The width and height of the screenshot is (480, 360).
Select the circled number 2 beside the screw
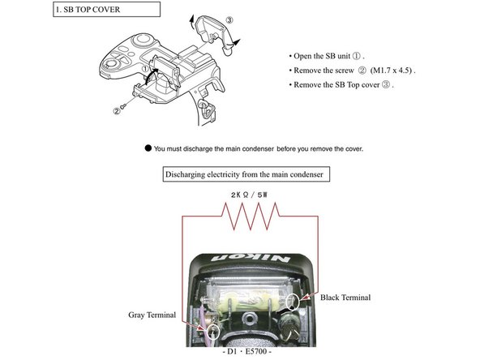click(117, 111)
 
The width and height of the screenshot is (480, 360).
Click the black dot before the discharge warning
click(148, 148)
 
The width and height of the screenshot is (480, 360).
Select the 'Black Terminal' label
click(346, 298)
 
